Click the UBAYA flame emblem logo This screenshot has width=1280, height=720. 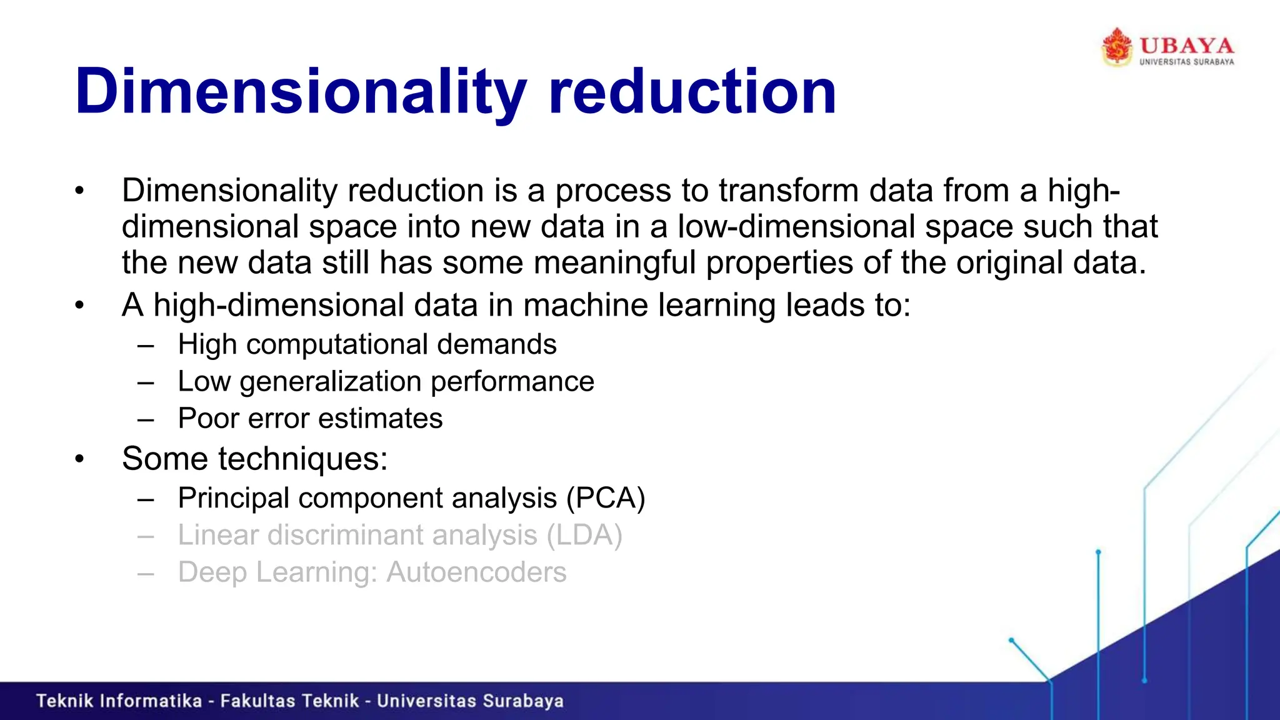pos(1117,47)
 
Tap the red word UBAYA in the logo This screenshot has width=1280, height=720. pos(1186,46)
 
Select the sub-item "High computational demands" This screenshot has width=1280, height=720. pos(367,344)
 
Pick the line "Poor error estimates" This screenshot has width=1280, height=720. pos(310,418)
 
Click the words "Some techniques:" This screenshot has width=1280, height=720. pos(255,459)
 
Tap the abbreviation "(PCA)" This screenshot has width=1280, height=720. pos(606,498)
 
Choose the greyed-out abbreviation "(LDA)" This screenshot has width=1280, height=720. pos(584,535)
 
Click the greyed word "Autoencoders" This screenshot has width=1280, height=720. pos(476,572)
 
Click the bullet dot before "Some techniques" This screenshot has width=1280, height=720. pos(79,459)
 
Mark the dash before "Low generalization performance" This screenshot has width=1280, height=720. pos(146,382)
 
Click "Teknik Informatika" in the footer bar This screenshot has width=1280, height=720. pos(119,701)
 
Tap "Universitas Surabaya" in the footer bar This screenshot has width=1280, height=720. pos(470,701)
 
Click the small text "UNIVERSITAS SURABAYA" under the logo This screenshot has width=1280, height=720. pos(1186,62)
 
